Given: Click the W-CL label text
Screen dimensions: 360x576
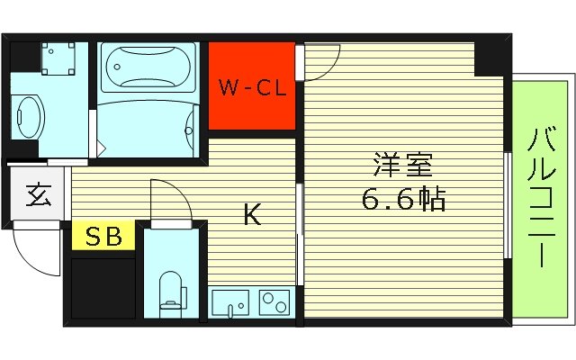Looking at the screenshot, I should (x=252, y=88).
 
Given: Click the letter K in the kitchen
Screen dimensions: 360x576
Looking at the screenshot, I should (x=253, y=215).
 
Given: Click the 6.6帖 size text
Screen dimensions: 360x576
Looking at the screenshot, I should (x=404, y=199).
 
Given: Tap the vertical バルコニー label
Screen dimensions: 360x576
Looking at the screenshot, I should (x=540, y=198).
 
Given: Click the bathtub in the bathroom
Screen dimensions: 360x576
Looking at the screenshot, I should (x=145, y=67).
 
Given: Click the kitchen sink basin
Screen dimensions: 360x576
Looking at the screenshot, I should (x=233, y=303).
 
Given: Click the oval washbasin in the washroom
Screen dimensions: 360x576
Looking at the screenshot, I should (x=29, y=115).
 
